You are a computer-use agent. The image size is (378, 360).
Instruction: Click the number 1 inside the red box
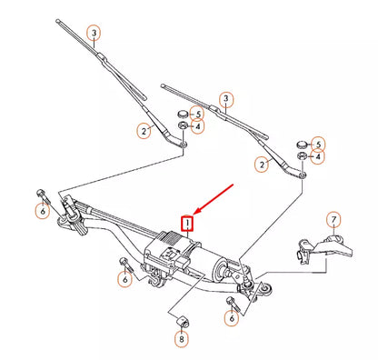coord(187,221)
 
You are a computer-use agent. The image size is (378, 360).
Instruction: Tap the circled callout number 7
coord(333,220)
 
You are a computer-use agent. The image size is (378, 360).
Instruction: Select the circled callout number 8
coord(182,339)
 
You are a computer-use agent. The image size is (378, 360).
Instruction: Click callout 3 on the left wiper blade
coord(94,35)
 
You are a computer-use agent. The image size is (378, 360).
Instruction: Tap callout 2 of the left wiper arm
coord(144,131)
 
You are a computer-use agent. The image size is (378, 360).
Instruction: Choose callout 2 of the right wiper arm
coord(262,165)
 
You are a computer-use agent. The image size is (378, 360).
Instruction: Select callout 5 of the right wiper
coord(316,143)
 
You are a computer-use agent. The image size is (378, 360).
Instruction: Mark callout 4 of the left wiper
coord(197,126)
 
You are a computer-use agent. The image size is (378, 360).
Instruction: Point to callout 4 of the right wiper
coord(316,156)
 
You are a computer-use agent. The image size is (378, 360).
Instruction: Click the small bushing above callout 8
coord(181,320)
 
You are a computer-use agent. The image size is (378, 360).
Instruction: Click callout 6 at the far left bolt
coord(42,212)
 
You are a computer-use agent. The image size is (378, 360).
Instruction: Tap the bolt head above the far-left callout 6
coord(41,193)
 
